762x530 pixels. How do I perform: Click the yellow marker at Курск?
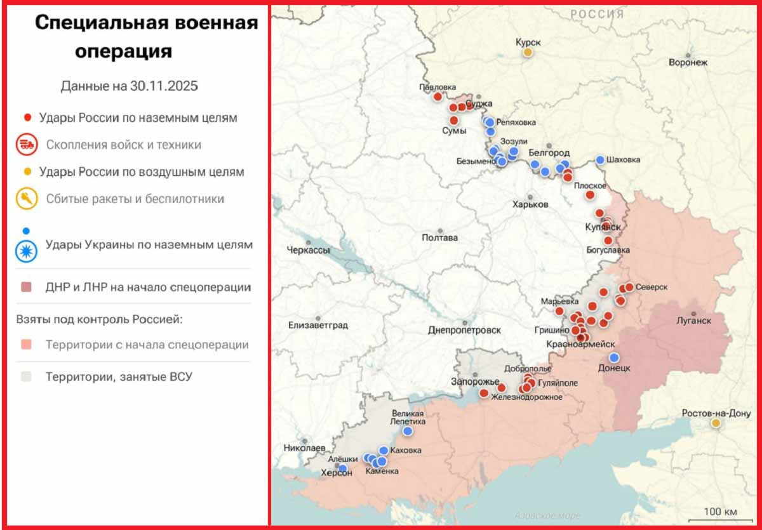pos(527,53)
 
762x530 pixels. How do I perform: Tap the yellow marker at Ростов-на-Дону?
pos(716,423)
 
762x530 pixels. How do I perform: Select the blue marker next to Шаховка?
pos(600,160)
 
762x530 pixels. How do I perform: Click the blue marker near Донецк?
pos(614,358)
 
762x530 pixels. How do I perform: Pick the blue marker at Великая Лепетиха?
pos(407,431)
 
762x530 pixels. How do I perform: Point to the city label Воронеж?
pos(688,63)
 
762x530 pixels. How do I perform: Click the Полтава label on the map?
pos(439,238)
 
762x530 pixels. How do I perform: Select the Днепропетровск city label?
pos(464,331)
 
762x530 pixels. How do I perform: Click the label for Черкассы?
pos(308,250)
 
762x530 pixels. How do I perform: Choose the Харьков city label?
pos(530,204)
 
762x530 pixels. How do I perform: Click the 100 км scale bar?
pos(722,512)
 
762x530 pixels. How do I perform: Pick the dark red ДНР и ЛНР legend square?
pos(27,288)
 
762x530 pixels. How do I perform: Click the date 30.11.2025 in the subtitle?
pos(164,86)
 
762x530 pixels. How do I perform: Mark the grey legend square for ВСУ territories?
pos(27,377)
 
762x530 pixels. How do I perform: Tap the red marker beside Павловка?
pos(438,96)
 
